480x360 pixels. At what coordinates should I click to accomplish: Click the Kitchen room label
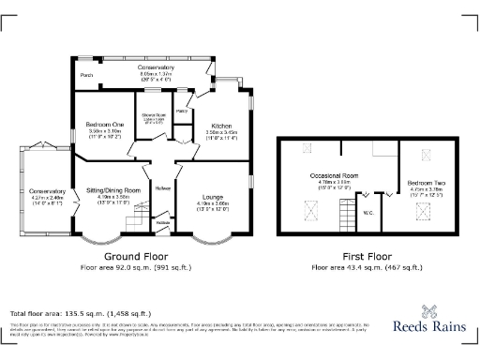click(221, 126)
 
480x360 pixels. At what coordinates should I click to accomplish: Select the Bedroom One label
click(105, 126)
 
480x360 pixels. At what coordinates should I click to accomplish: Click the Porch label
click(86, 75)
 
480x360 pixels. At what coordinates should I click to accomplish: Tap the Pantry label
click(183, 111)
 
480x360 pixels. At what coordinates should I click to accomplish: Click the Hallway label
click(161, 185)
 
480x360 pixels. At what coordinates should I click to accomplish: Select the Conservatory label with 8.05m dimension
click(156, 67)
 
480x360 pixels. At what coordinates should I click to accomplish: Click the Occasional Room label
click(335, 175)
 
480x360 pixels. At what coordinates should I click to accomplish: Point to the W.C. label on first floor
click(369, 212)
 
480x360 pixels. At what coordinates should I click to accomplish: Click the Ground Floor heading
click(136, 256)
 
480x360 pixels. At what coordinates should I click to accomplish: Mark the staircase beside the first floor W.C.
click(385, 195)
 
